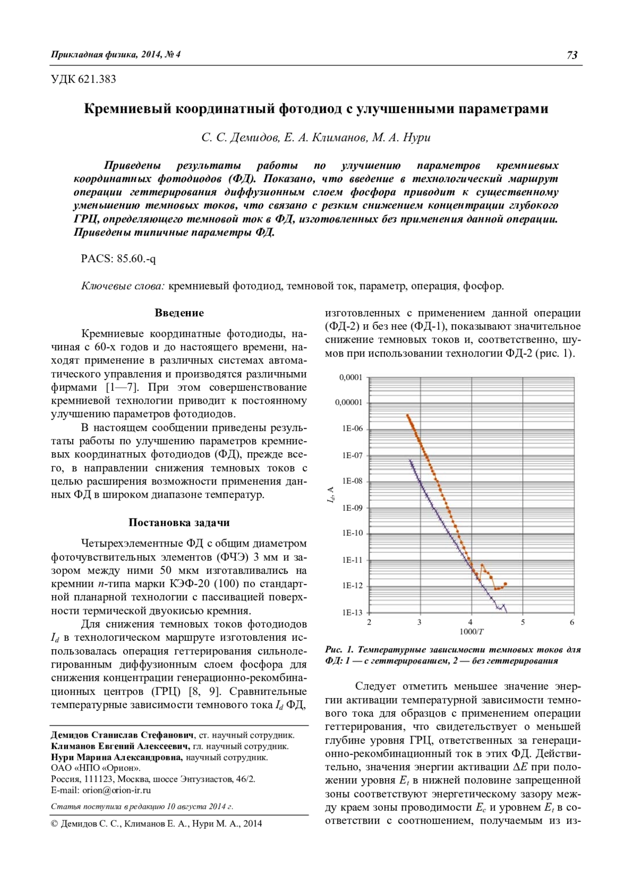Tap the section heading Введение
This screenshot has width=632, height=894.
coord(179,313)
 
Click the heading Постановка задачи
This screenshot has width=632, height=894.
coord(179,522)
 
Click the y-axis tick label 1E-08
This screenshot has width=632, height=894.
coord(352,481)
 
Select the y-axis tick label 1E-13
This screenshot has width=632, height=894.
coord(352,612)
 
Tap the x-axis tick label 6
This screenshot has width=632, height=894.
coord(572,622)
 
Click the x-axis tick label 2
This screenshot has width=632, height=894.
coord(369,622)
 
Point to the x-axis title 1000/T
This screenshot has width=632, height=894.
coord(471,631)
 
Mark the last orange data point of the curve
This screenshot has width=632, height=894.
coord(505,583)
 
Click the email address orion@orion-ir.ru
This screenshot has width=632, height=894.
coord(116,790)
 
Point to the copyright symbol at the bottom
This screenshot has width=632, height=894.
coord(54,824)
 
